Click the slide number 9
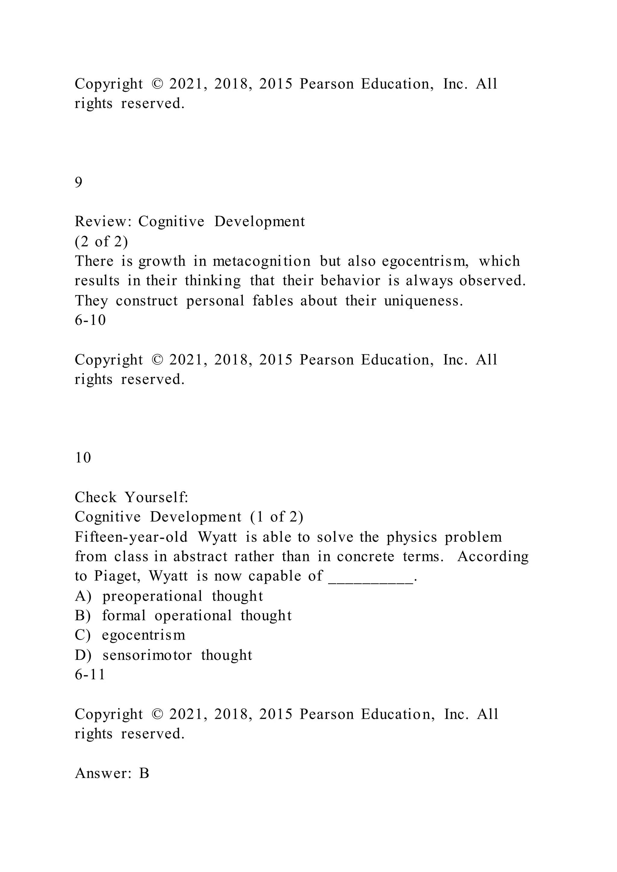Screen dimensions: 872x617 (79, 183)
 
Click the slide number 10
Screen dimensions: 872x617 (83, 458)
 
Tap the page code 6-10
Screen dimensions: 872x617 (90, 320)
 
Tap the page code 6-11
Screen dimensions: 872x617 (90, 674)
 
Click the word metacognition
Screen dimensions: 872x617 (262, 261)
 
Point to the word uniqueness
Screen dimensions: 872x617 (423, 301)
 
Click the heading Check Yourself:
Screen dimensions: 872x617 (131, 497)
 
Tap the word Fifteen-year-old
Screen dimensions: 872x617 (131, 537)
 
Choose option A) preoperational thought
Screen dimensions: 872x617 (169, 596)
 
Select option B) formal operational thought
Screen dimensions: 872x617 (183, 616)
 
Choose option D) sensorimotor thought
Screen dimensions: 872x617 (163, 655)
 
